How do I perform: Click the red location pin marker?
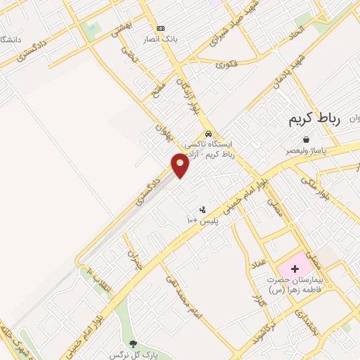coord(181,165)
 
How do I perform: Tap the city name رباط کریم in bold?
coord(314,120)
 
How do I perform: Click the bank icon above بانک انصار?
coord(161,27)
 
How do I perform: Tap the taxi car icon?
coord(207,134)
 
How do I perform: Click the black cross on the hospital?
coord(295,269)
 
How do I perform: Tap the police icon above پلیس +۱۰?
coord(203,209)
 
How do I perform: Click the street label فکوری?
coord(224,65)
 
